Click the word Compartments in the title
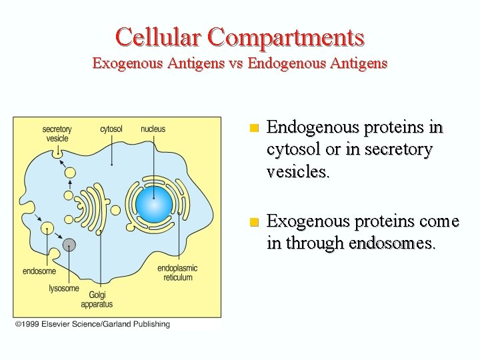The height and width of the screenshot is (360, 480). point(286,37)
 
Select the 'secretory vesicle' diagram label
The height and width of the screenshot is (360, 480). point(57,133)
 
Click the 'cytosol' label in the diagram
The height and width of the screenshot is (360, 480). point(111,129)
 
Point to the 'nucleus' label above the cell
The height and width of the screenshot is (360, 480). point(153,129)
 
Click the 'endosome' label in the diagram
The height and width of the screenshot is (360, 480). point(39,271)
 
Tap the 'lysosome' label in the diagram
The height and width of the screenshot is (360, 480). point(64,289)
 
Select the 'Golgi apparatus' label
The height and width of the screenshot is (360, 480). point(97,299)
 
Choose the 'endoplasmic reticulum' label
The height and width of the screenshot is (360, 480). point(177,273)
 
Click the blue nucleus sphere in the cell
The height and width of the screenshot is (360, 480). point(153,204)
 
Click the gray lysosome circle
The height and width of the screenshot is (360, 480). point(69,245)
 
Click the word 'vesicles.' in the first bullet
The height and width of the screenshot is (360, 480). point(297,172)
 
